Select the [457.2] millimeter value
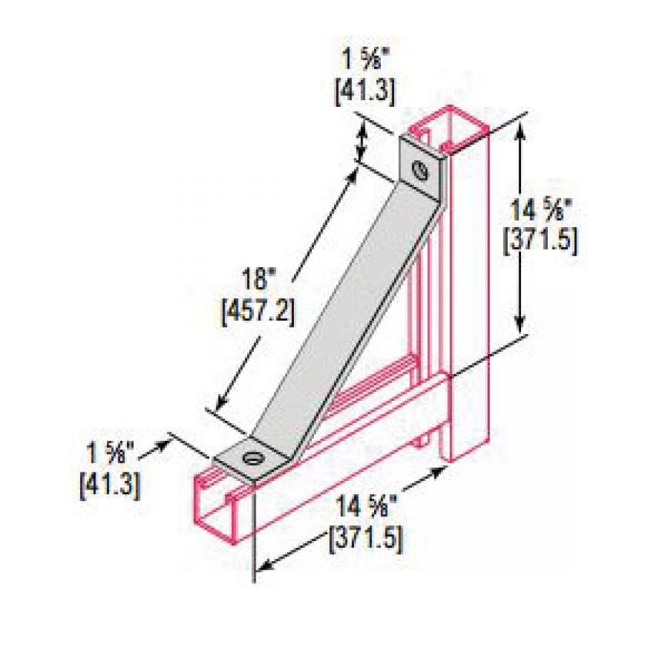(x=257, y=312)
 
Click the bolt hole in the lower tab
(x=253, y=459)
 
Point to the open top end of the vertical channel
(x=448, y=127)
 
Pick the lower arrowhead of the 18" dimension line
(x=220, y=403)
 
